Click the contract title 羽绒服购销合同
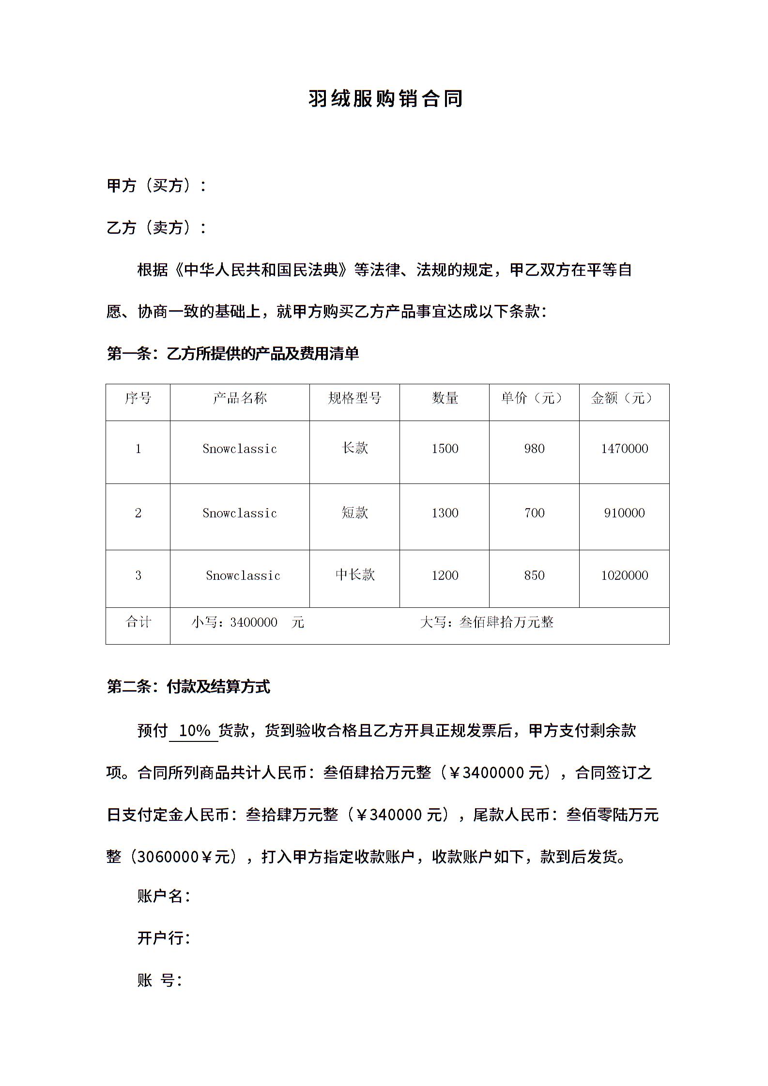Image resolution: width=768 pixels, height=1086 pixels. click(x=385, y=99)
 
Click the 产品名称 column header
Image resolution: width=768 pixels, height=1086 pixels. click(x=240, y=398)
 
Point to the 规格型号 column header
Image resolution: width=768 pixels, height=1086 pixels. click(x=354, y=398)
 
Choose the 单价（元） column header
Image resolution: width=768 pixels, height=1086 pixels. click(x=534, y=398)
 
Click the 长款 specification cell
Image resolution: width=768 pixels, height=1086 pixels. click(x=354, y=448)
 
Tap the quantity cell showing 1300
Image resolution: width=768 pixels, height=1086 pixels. click(x=445, y=513)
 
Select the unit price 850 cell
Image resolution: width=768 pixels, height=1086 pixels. click(x=534, y=575)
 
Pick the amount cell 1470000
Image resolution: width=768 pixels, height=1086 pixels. click(x=624, y=449)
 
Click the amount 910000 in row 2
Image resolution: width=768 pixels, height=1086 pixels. click(x=624, y=513)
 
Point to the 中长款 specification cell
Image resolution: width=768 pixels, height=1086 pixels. click(x=354, y=575)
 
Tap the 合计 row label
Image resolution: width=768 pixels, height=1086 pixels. click(x=138, y=622)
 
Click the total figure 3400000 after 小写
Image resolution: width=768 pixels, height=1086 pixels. click(x=254, y=622)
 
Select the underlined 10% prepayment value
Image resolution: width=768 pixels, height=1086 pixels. click(x=194, y=730)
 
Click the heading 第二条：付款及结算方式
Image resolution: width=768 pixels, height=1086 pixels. click(x=188, y=687)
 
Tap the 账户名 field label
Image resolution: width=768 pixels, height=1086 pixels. click(x=164, y=896)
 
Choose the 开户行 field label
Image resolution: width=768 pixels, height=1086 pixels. click(x=164, y=938)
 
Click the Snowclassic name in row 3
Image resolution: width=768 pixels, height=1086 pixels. click(x=243, y=575)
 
